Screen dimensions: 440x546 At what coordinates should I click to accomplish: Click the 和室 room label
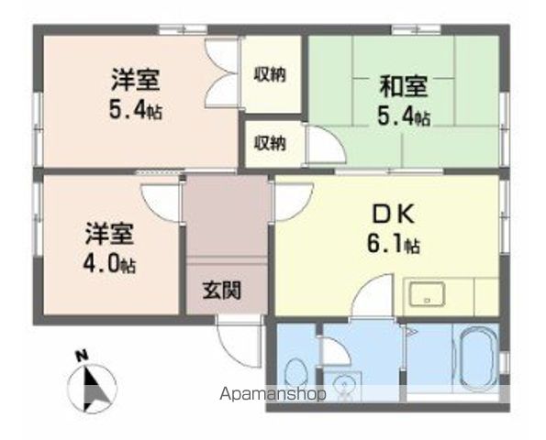404,88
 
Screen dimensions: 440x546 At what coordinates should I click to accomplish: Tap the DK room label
395,217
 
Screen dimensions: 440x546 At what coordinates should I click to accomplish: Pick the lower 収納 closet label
270,144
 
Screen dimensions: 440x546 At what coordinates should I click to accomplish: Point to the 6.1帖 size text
396,246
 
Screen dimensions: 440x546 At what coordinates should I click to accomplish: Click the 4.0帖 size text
110,266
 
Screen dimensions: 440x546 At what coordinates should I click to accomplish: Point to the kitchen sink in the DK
426,296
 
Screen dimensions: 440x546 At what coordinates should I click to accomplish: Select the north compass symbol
92,386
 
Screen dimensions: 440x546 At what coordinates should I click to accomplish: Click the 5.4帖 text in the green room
404,117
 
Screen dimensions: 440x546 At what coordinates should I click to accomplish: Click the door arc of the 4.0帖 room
161,202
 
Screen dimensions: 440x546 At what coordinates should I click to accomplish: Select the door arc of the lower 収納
321,147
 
